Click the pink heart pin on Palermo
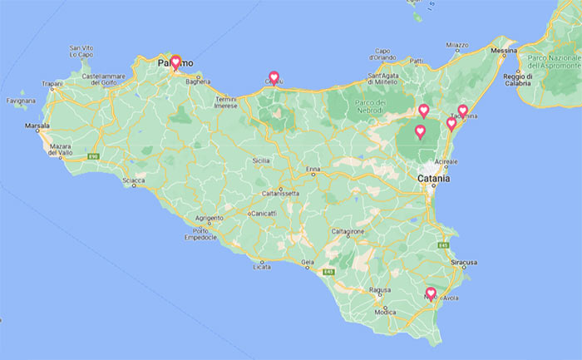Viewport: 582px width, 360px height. pyautogui.click(x=175, y=61)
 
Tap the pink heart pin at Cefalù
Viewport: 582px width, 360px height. pyautogui.click(x=274, y=76)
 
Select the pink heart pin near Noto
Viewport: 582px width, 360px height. pyautogui.click(x=431, y=293)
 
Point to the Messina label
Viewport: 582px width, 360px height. pyautogui.click(x=504, y=51)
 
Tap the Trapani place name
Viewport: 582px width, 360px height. pyautogui.click(x=52, y=84)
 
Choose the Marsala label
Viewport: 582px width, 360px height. pyautogui.click(x=37, y=126)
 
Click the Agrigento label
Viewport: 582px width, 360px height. pyautogui.click(x=209, y=218)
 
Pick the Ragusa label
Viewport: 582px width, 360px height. pyautogui.click(x=380, y=290)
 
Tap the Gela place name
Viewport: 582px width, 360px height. pyautogui.click(x=308, y=263)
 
